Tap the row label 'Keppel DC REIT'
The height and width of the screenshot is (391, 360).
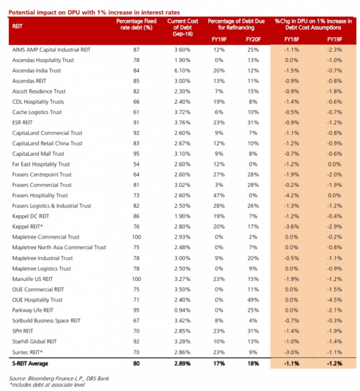tap(30, 216)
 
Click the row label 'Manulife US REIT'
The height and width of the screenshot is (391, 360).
tap(33, 279)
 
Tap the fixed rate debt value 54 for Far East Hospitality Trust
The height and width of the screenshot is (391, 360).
tap(136, 164)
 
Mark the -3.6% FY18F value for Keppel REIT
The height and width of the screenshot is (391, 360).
tap(292, 226)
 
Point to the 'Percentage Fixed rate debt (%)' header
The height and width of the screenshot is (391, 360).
tap(136, 24)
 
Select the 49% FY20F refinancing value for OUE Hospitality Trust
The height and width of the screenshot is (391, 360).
tap(252, 300)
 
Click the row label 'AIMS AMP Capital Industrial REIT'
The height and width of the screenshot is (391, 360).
tap(52, 50)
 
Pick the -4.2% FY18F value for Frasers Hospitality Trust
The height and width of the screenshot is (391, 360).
tap(292, 195)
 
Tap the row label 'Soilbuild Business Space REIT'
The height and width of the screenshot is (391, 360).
tap(46, 321)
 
